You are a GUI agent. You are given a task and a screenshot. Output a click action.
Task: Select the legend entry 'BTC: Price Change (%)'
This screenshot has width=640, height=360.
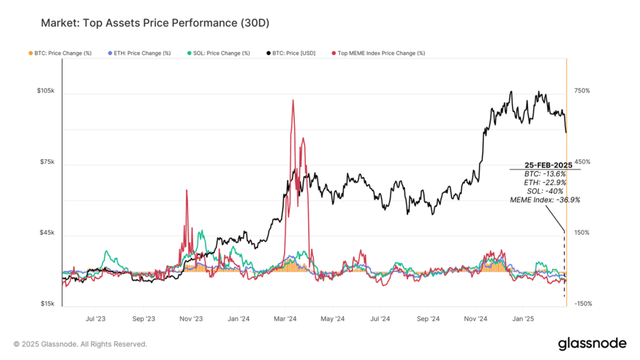pyautogui.click(x=61, y=53)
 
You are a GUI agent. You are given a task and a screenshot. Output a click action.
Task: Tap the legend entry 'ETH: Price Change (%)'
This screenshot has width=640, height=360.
pyautogui.click(x=139, y=53)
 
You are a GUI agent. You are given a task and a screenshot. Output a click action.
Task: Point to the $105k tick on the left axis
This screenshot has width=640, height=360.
pyautogui.click(x=46, y=91)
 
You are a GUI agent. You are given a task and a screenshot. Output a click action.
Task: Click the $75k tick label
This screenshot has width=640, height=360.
pyautogui.click(x=47, y=162)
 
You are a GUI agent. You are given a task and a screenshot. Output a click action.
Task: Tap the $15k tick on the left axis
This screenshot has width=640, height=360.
pyautogui.click(x=47, y=304)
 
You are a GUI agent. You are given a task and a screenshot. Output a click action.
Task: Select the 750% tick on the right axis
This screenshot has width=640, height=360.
pyautogui.click(x=582, y=91)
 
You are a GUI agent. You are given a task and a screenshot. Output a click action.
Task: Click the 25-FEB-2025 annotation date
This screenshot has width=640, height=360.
pyautogui.click(x=544, y=165)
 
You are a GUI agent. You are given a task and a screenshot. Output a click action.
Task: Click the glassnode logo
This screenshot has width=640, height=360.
pyautogui.click(x=591, y=343)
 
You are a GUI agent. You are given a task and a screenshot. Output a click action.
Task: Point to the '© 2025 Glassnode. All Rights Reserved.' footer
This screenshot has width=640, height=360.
pyautogui.click(x=81, y=344)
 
